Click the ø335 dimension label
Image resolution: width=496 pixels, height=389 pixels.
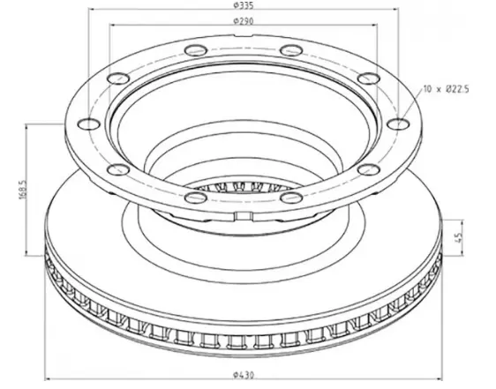pyautogui.click(x=244, y=4)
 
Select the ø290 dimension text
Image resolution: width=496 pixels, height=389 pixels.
pyautogui.click(x=244, y=21)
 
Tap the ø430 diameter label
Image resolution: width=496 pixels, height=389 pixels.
pyautogui.click(x=244, y=375)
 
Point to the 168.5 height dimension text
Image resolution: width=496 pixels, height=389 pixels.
pyautogui.click(x=22, y=190)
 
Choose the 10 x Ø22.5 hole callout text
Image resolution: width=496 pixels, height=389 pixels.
pyautogui.click(x=446, y=89)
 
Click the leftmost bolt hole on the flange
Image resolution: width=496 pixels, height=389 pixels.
pyautogui.click(x=89, y=124)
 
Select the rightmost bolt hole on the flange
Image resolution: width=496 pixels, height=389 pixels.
pyautogui.click(x=398, y=124)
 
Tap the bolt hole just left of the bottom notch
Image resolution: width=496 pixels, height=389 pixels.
pyautogui.click(x=196, y=198)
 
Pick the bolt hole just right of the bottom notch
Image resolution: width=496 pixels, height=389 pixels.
pyautogui.click(x=291, y=198)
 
